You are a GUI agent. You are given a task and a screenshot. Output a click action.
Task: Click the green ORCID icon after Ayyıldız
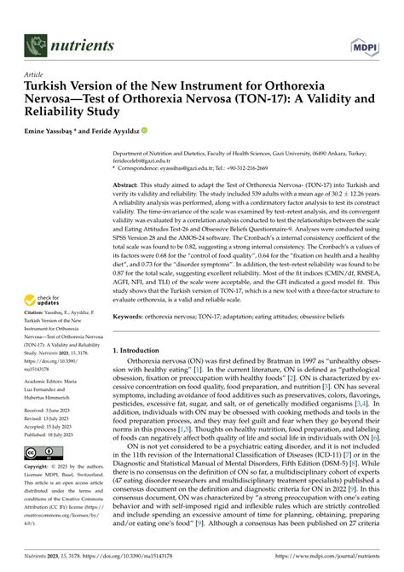pyautogui.click(x=145, y=131)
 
